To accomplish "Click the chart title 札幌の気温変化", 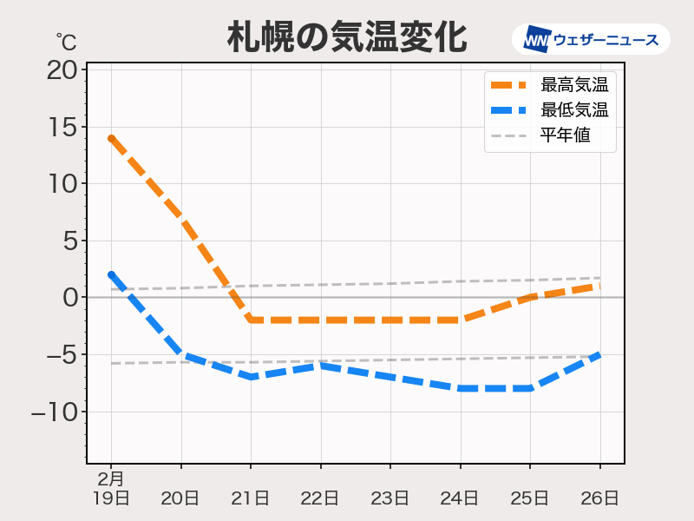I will click(x=347, y=38).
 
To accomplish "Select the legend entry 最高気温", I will click(x=573, y=85).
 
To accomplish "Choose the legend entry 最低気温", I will click(x=573, y=110).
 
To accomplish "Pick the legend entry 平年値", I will click(x=565, y=135).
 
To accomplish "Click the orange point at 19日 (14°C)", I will click(x=111, y=138).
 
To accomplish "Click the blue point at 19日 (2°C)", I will click(x=111, y=275).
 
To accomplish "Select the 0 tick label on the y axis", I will click(x=69, y=298).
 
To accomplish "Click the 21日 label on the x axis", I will click(x=251, y=498).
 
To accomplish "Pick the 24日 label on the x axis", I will click(x=460, y=498).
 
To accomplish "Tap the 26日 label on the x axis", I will click(x=599, y=498).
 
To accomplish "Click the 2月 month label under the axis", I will click(x=110, y=478).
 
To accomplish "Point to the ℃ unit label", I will click(x=66, y=41).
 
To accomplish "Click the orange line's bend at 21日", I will click(x=251, y=320).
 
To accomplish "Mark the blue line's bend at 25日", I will click(x=529, y=388).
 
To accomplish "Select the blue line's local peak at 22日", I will click(x=320, y=366).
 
